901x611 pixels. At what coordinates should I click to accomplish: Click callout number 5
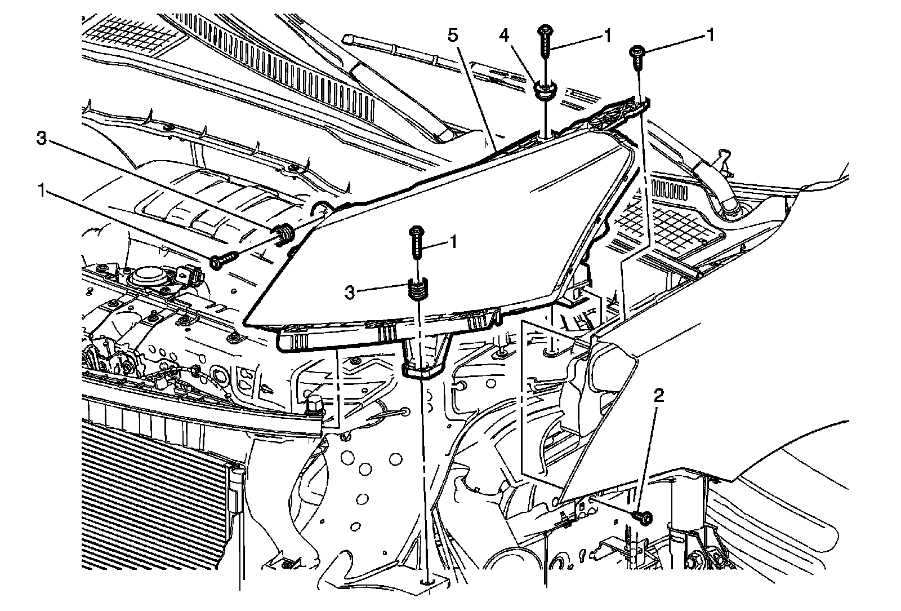[453, 36]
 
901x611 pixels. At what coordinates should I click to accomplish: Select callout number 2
[659, 396]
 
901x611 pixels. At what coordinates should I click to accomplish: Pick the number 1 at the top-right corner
[711, 36]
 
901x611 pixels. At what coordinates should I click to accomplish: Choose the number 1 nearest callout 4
[606, 36]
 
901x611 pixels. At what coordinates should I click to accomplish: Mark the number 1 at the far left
[41, 192]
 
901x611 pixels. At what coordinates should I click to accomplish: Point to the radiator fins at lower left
[152, 479]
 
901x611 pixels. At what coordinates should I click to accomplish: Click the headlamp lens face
[450, 237]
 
